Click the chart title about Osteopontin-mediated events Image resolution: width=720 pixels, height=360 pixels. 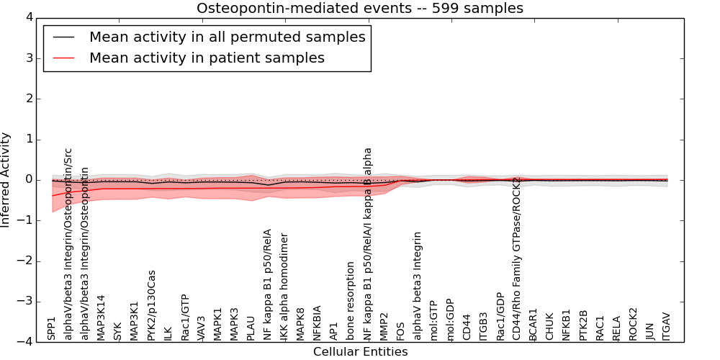pyautogui.click(x=360, y=8)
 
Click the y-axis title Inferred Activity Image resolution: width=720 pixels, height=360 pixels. pyautogui.click(x=6, y=179)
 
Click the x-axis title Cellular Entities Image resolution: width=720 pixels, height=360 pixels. pyautogui.click(x=360, y=352)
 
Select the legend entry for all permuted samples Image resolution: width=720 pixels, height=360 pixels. pyautogui.click(x=227, y=37)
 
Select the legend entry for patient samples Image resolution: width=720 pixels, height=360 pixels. pyautogui.click(x=207, y=58)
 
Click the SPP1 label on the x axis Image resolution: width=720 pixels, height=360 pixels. pyautogui.click(x=52, y=328)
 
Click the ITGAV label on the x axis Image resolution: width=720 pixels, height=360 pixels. pyautogui.click(x=667, y=326)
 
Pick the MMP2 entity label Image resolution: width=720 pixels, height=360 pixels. pyautogui.click(x=384, y=326)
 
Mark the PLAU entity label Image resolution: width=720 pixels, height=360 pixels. pyautogui.click(x=251, y=327)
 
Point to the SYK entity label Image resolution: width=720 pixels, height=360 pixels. pyautogui.click(x=118, y=330)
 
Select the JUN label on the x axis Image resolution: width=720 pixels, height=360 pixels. pyautogui.click(x=650, y=330)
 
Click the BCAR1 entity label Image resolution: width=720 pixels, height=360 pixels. pyautogui.click(x=534, y=325)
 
